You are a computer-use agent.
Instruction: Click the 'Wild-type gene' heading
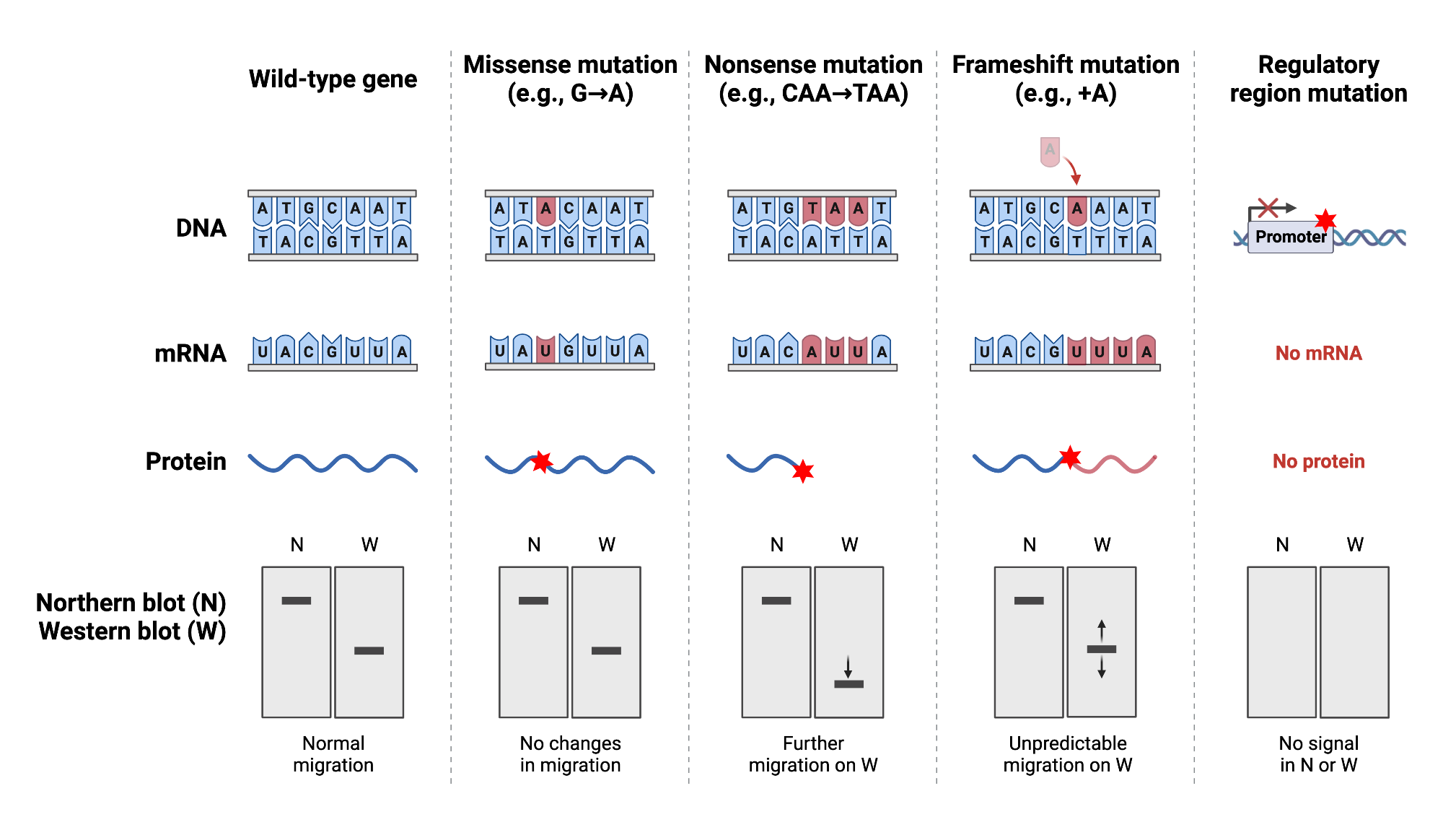tap(333, 79)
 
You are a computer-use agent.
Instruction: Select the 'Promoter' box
tap(1290, 237)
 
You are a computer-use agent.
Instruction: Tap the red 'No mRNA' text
tap(1318, 353)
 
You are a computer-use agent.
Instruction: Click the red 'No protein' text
tap(1318, 461)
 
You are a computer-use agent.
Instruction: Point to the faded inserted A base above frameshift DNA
tap(1050, 151)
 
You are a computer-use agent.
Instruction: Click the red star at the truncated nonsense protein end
tap(803, 472)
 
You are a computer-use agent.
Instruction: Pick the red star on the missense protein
tap(541, 462)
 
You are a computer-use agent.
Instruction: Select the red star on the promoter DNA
tap(1325, 220)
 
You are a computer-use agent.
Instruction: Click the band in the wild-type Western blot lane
tap(369, 650)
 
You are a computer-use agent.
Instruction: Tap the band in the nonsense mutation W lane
tap(848, 683)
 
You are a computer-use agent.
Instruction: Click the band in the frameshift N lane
tap(1029, 600)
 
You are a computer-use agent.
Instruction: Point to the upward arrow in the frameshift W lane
tap(1101, 629)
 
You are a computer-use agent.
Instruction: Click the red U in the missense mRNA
tap(545, 350)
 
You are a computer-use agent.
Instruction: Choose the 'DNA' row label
tap(201, 228)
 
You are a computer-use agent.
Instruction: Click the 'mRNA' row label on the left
tap(190, 354)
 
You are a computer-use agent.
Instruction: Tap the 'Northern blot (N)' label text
tap(131, 603)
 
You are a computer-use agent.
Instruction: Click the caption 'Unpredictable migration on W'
tap(1067, 754)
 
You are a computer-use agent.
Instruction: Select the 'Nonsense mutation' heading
tap(813, 65)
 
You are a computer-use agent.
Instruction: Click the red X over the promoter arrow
tap(1268, 208)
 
